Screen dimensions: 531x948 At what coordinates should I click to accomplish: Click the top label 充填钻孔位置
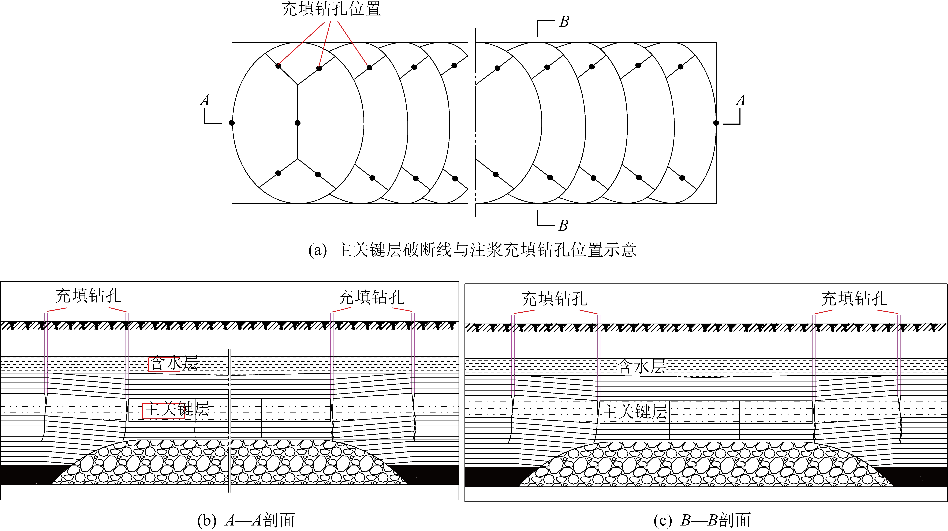pos(331,9)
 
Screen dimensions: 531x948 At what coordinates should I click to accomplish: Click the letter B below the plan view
pos(563,225)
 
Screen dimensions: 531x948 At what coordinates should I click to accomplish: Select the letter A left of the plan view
pos(205,100)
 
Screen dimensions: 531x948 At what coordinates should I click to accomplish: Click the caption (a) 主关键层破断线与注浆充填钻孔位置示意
pos(472,250)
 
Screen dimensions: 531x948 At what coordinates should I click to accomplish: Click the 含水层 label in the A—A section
pos(174,364)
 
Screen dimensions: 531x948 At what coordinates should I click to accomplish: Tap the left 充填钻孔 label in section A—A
pos(88,296)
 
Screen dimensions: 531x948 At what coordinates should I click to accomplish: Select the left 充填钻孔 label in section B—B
pos(554,299)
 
